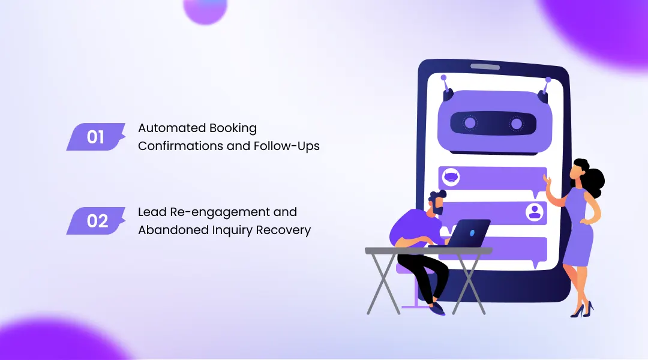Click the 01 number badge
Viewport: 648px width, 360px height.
96,137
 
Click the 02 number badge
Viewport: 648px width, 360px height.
96,221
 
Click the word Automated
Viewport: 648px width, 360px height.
172,128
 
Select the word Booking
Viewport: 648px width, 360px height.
233,128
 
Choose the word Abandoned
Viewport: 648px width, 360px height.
173,230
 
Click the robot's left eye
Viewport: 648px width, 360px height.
470,123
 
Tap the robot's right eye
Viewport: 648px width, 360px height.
517,123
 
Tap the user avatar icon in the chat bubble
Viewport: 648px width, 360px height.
535,212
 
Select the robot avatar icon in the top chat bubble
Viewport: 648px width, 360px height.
451,178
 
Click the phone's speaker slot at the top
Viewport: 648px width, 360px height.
485,67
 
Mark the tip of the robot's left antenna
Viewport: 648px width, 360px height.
443,77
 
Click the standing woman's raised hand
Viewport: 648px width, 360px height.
548,180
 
